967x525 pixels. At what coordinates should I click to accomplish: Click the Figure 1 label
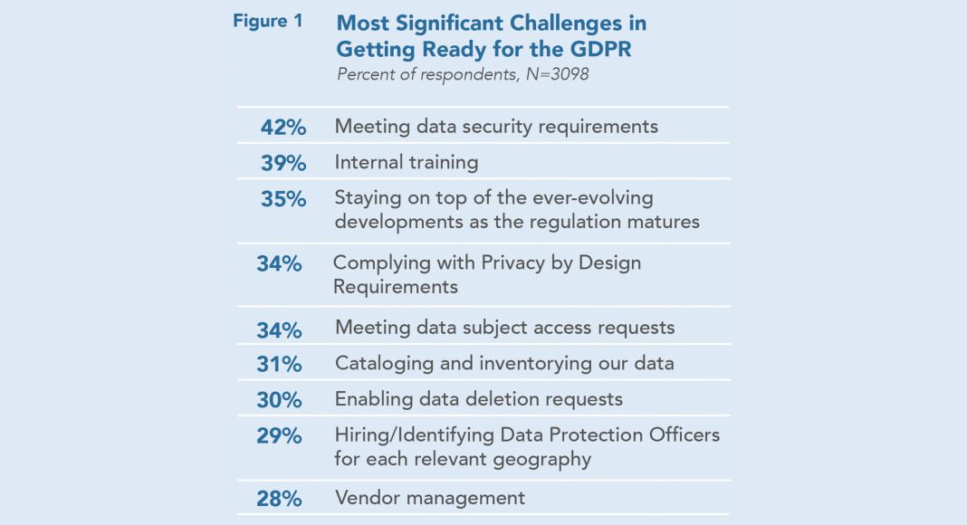[268, 21]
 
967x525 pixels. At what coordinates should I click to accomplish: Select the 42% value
[283, 128]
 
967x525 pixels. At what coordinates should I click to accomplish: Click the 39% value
[283, 164]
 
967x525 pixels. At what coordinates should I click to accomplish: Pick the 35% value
[283, 199]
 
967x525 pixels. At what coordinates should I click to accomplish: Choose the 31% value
[279, 364]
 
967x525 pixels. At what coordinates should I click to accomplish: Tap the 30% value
[279, 400]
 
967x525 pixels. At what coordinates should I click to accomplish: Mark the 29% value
[279, 435]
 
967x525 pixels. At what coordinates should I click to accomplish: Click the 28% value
[279, 498]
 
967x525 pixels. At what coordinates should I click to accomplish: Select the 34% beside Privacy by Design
[279, 264]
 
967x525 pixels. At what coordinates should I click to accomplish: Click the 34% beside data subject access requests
[279, 329]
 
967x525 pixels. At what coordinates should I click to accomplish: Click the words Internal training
[406, 163]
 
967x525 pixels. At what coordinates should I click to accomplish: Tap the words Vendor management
[429, 497]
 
